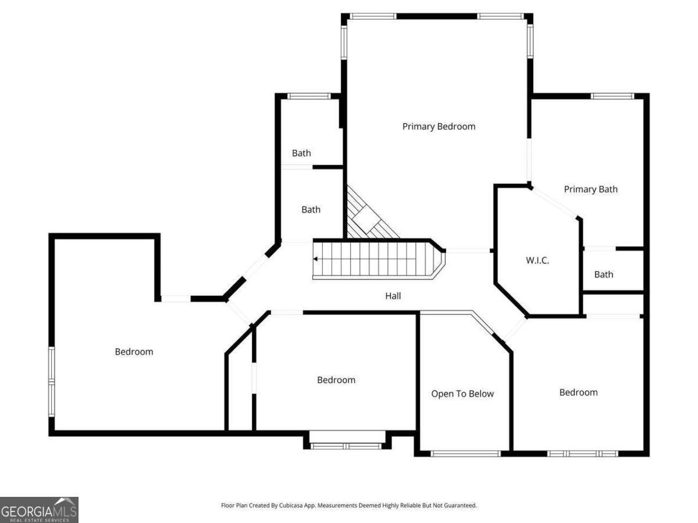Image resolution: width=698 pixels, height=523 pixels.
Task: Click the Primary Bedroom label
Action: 439,126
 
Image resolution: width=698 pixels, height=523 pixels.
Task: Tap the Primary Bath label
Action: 590,189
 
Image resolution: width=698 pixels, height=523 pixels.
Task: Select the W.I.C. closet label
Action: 537,260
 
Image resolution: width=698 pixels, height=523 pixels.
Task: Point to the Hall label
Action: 393,296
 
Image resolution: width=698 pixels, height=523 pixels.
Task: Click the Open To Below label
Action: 462,393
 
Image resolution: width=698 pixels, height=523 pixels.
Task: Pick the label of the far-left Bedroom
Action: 134,352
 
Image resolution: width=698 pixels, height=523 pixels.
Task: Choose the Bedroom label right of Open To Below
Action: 578,392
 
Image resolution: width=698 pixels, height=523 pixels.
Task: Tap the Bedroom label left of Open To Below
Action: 336,379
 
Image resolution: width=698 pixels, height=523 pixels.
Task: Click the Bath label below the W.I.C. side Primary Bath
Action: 603,274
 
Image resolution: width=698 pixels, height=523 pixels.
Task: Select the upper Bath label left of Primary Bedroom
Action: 301,153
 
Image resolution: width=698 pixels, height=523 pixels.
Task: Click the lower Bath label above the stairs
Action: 311,209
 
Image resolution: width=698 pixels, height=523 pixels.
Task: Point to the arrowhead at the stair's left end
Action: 316,259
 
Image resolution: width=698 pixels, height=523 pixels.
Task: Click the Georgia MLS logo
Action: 39,510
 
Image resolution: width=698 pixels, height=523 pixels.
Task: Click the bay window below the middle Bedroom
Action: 347,446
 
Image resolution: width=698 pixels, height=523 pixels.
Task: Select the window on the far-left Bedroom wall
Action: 51,381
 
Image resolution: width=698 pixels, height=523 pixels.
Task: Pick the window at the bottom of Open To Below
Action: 465,453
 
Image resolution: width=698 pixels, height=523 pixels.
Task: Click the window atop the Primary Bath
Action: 612,96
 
